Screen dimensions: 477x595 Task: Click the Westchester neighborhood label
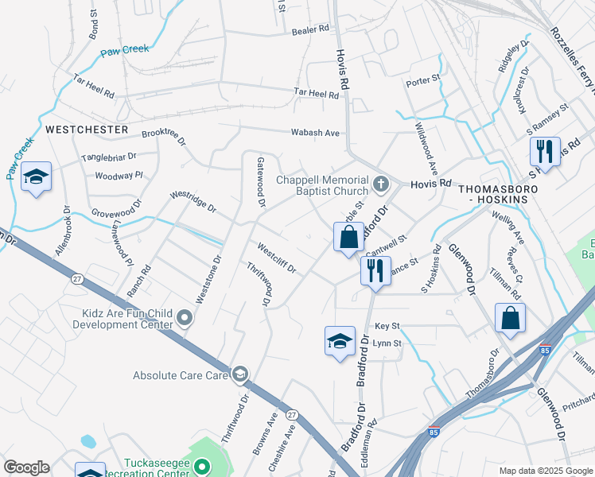point(87,129)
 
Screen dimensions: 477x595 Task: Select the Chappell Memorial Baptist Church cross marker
point(381,185)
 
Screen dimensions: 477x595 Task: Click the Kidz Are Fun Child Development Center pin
point(185,318)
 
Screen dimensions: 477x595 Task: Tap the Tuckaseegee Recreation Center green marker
point(203,467)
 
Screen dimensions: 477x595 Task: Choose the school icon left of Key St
point(340,341)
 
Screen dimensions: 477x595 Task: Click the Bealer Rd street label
point(310,29)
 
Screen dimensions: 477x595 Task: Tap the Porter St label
point(423,80)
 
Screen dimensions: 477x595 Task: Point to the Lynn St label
point(387,343)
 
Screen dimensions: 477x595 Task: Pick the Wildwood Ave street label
point(427,149)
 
